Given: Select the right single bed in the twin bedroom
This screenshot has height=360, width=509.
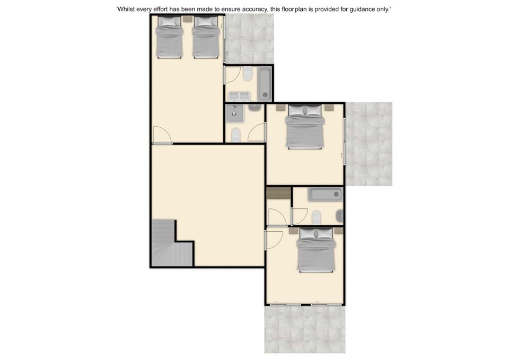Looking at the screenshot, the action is click(x=206, y=37).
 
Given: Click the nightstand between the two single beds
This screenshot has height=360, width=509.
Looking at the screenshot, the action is click(x=187, y=19).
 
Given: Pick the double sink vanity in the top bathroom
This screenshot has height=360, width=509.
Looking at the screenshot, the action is click(x=239, y=96).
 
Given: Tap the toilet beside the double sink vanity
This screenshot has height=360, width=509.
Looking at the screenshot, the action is click(x=248, y=74).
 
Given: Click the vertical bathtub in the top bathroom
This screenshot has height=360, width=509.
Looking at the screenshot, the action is click(x=265, y=84).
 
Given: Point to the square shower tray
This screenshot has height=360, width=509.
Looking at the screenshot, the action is click(x=234, y=113).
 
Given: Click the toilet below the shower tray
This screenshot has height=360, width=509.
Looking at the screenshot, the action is click(x=236, y=135).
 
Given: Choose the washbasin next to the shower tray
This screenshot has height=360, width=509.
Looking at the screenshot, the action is click(x=255, y=107).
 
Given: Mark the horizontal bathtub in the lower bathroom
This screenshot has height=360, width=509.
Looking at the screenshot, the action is click(x=325, y=195).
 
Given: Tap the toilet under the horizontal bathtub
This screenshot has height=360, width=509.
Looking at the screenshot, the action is click(x=317, y=217).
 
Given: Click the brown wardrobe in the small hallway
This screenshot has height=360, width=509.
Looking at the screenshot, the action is click(x=279, y=193).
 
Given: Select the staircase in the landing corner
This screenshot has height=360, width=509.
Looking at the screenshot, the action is click(x=172, y=243).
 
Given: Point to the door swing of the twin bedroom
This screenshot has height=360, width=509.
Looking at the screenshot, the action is click(x=162, y=134).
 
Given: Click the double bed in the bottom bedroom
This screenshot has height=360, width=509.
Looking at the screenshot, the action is click(x=316, y=249).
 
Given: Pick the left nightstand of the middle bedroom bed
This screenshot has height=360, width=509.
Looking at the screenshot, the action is click(x=280, y=108).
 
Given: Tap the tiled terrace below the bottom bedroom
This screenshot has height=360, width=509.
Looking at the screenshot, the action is click(x=305, y=329).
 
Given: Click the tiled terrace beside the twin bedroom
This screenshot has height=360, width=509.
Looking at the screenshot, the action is click(x=250, y=39).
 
